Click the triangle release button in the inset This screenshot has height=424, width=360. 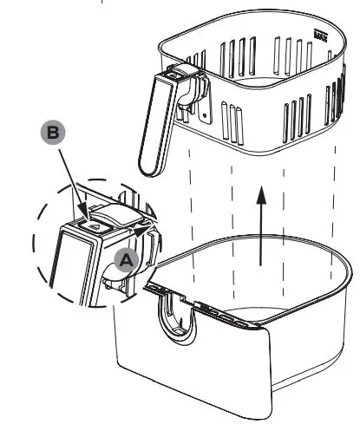94,224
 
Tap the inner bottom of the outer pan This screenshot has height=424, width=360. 260,286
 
